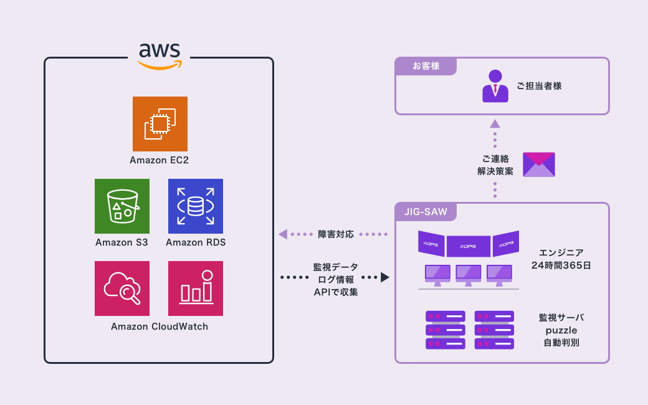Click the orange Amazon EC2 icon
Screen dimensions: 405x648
click(x=160, y=123)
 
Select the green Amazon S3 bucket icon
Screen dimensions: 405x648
click(x=122, y=206)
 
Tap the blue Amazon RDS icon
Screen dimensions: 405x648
click(x=196, y=206)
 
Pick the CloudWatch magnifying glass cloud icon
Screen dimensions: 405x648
click(x=122, y=288)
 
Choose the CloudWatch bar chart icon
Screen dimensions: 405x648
click(x=196, y=288)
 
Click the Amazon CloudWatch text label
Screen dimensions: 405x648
click(x=160, y=326)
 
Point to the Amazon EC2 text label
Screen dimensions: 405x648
click(x=160, y=160)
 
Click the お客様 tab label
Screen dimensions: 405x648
click(x=426, y=66)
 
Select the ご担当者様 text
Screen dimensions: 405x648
click(x=539, y=86)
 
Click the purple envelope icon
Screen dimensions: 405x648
click(x=539, y=164)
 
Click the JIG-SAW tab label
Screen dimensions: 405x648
click(x=426, y=212)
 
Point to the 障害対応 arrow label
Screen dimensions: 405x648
click(x=336, y=234)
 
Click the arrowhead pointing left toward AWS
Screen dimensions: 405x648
click(x=283, y=234)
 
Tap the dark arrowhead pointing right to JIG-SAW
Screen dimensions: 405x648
click(x=385, y=277)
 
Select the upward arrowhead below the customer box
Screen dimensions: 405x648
click(x=495, y=123)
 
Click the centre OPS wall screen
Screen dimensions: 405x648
click(x=469, y=246)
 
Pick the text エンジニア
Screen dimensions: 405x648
click(x=561, y=252)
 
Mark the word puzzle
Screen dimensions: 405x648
click(x=561, y=330)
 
